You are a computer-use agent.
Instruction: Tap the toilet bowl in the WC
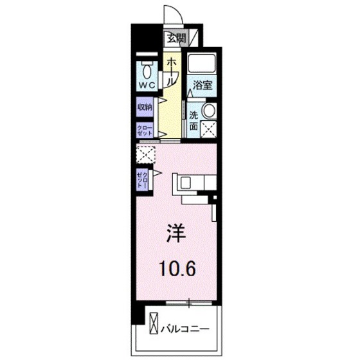click(147, 68)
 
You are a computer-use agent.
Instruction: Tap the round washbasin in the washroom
click(209, 111)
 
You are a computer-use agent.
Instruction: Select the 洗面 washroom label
click(193, 120)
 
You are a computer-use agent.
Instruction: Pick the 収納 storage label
click(144, 107)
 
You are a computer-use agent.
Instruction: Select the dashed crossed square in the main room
click(145, 154)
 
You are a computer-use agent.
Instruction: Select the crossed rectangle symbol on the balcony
click(154, 321)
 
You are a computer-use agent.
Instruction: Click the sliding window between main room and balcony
click(189, 301)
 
